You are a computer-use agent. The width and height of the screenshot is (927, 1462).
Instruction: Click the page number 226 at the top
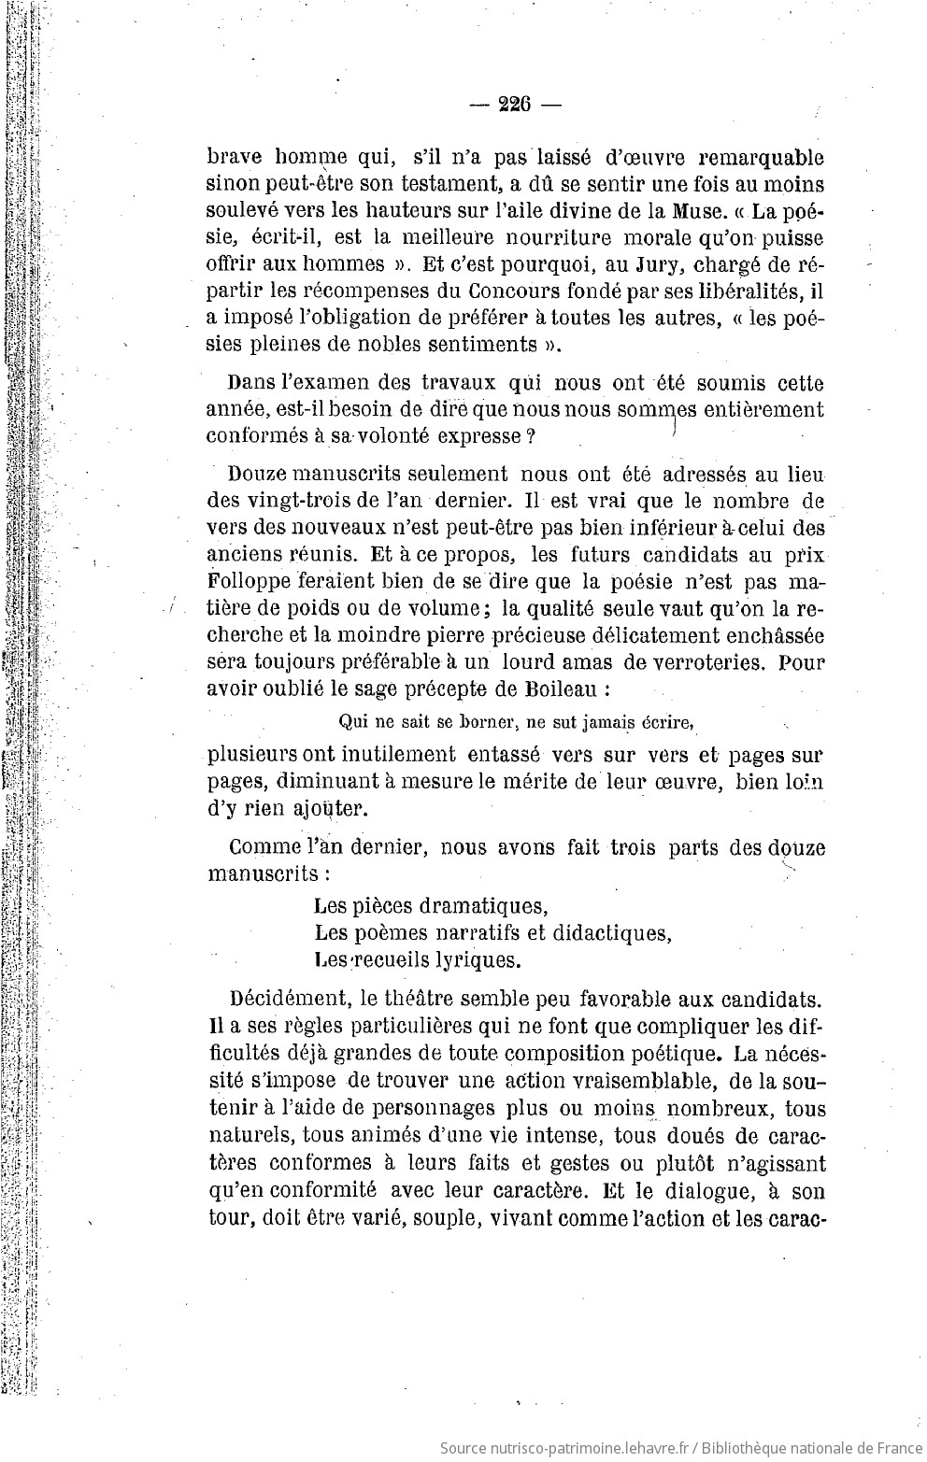click(x=514, y=105)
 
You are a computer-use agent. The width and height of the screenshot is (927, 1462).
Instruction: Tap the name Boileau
click(x=535, y=690)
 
